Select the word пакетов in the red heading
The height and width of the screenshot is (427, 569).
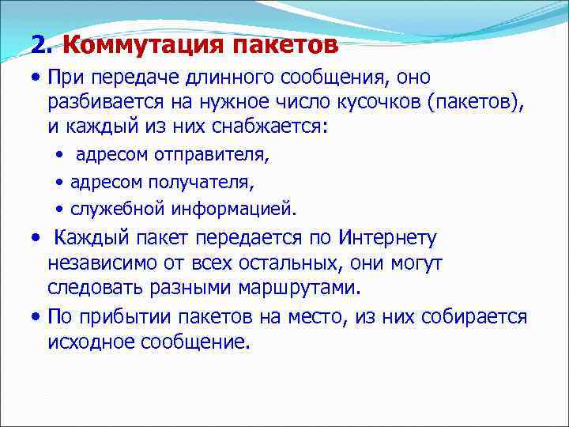pyautogui.click(x=286, y=44)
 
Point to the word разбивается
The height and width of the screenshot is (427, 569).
pyautogui.click(x=100, y=102)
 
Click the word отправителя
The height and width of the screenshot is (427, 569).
pyautogui.click(x=204, y=156)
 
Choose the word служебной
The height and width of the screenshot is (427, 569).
pyautogui.click(x=117, y=209)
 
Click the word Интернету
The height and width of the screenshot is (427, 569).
pyautogui.click(x=386, y=238)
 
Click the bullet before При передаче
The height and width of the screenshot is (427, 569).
pyautogui.click(x=36, y=79)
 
